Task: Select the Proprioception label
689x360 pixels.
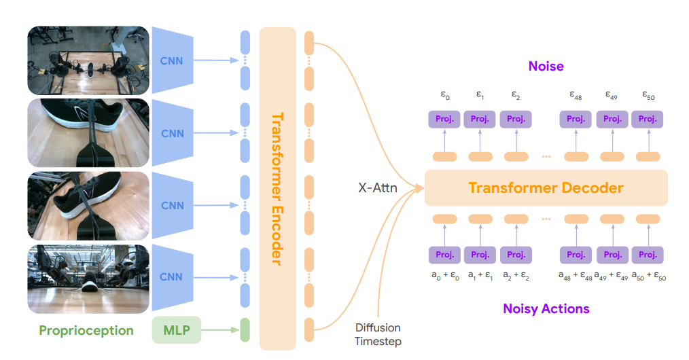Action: (x=86, y=331)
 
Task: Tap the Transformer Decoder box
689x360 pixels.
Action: (x=546, y=187)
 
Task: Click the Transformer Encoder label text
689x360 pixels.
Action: (x=277, y=188)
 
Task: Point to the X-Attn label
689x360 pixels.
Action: (x=378, y=187)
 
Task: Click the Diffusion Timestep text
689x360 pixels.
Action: (x=378, y=334)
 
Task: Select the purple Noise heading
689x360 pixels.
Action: (x=546, y=67)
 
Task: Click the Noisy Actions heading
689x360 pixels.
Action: (x=546, y=308)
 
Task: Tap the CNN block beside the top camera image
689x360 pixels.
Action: (x=172, y=60)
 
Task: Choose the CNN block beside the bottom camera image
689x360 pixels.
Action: (x=172, y=277)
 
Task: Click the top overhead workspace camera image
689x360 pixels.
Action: (x=88, y=60)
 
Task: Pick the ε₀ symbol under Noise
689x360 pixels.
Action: (x=444, y=96)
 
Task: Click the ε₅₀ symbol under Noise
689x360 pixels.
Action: (x=648, y=96)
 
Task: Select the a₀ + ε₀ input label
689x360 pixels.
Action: (x=444, y=276)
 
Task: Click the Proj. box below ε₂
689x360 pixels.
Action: (x=516, y=120)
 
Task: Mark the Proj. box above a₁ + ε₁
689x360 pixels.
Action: (x=480, y=255)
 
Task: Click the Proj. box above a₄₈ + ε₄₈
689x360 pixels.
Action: (x=576, y=255)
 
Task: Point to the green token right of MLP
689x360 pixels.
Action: (x=245, y=330)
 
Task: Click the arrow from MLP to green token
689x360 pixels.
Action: (x=217, y=330)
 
